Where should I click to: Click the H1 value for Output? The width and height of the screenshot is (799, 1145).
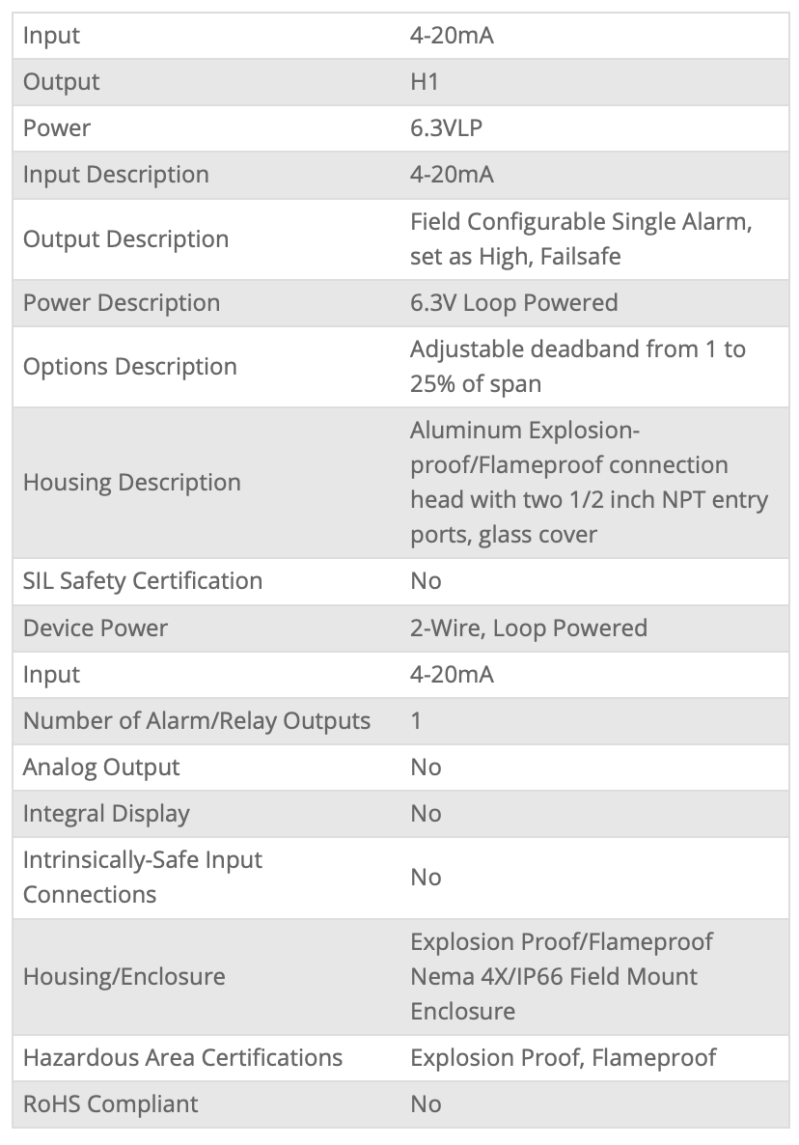425,82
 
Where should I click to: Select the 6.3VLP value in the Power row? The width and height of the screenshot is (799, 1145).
446,128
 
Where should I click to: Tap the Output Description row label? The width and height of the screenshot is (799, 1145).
125,239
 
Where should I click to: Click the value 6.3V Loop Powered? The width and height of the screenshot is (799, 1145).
513,303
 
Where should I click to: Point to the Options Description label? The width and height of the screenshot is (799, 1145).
129,367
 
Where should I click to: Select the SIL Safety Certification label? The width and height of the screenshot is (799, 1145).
143,581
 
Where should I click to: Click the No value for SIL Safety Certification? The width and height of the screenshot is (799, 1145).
426,581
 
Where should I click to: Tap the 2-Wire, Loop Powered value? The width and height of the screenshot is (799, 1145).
528,628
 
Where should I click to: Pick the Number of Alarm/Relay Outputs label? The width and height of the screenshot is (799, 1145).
197,721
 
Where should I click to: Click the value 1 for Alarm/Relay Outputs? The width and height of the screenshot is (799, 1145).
416,721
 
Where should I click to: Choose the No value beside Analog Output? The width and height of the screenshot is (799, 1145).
426,768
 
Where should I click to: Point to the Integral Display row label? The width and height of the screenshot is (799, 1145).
106,814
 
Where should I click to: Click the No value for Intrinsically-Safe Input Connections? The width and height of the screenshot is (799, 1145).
426,878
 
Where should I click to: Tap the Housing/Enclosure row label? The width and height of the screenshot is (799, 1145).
124,977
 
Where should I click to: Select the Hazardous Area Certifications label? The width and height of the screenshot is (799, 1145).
182,1058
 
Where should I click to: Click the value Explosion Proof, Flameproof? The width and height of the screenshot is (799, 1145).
563,1058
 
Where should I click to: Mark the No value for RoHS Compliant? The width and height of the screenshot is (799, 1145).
426,1104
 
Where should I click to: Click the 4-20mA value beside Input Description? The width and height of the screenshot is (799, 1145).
452,175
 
